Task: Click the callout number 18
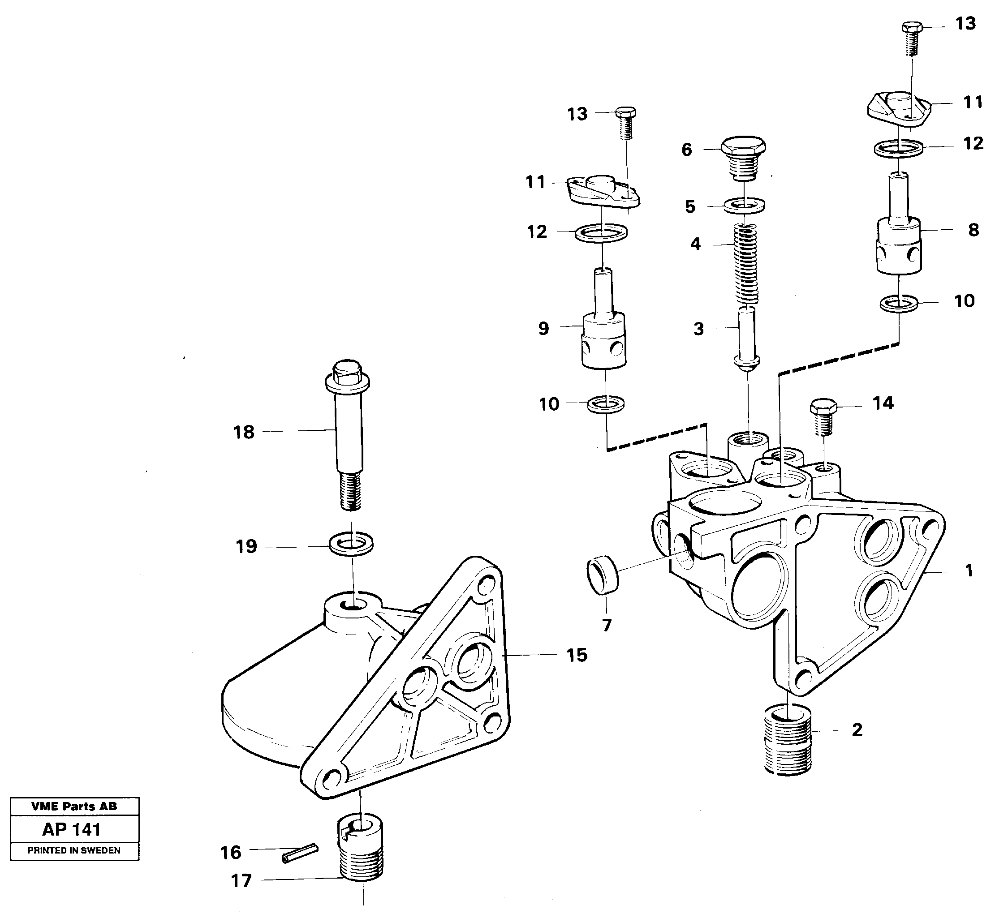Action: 244,432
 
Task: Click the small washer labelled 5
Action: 744,205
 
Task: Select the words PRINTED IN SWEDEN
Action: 74,850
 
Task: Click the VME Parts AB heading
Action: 74,806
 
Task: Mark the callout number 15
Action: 577,655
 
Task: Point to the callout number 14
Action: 883,403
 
